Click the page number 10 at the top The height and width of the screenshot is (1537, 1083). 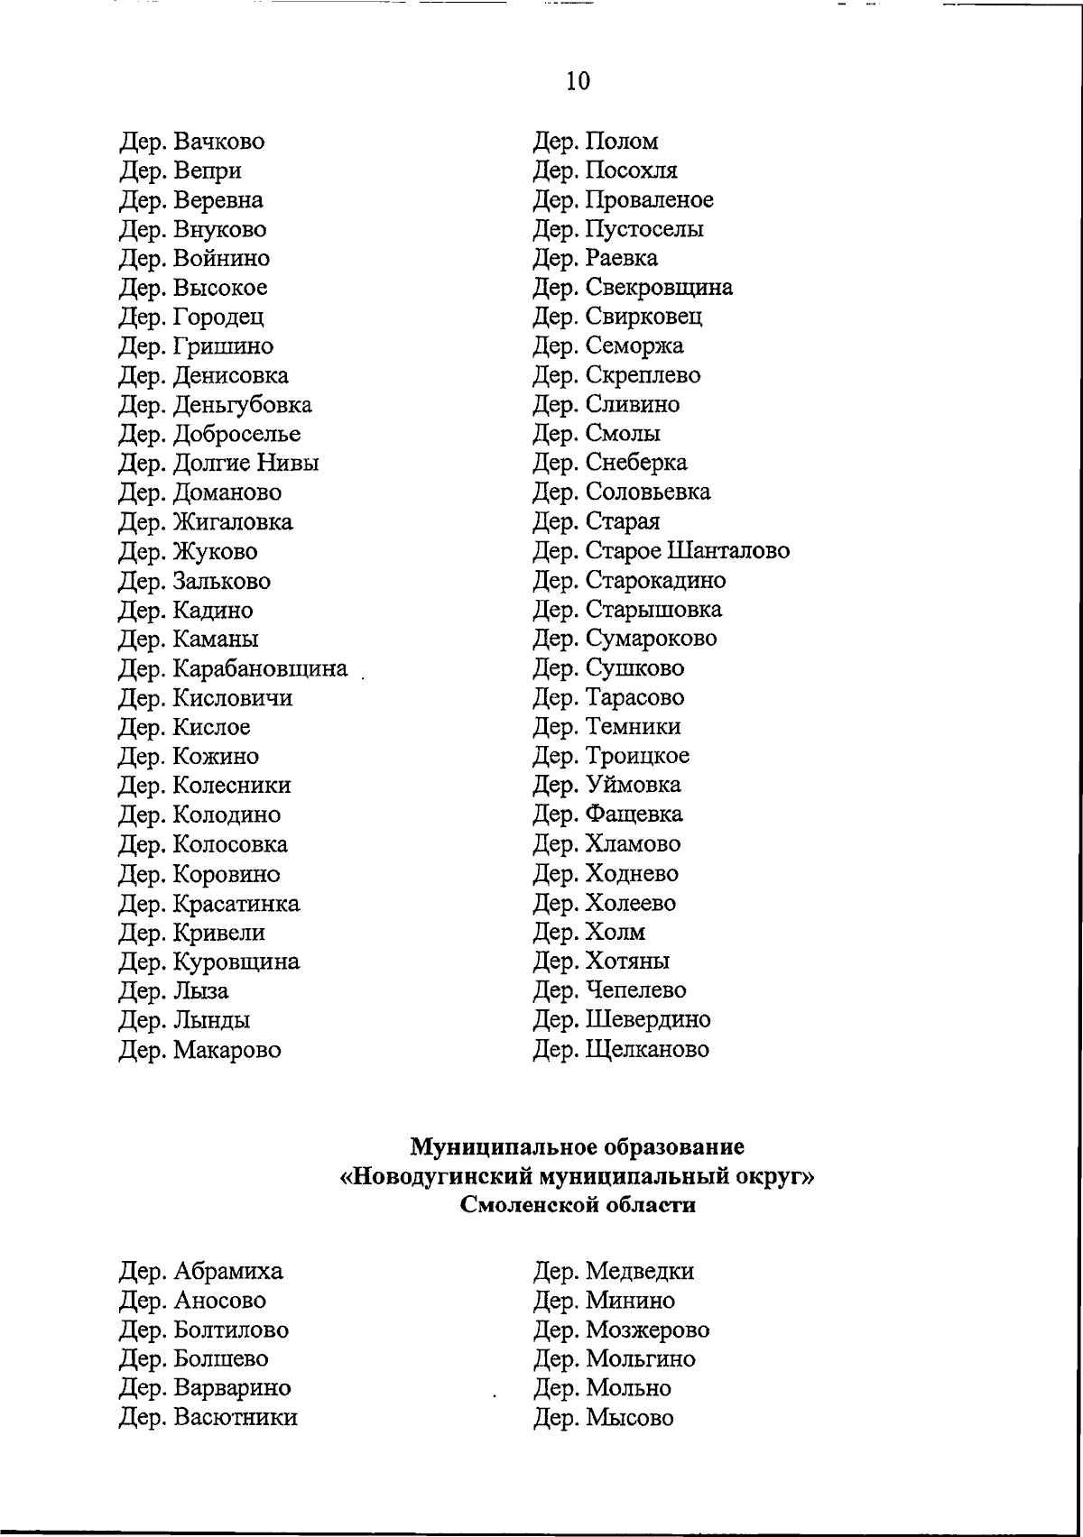point(578,82)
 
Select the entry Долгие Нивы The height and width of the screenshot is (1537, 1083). point(245,464)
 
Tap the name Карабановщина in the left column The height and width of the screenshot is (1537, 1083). point(259,669)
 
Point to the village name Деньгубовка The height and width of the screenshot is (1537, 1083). point(241,405)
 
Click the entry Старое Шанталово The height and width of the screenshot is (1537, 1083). point(687,551)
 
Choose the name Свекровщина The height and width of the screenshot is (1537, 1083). point(659,288)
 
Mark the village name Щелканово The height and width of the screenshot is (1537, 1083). point(647,1050)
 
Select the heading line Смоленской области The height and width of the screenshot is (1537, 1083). point(578,1206)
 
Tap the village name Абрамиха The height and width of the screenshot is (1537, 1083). point(227,1272)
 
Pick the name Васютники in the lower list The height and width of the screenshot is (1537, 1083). point(234,1418)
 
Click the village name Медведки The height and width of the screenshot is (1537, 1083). point(640,1272)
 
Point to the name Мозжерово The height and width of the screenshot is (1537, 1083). point(647,1330)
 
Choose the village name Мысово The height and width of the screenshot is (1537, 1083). point(629,1418)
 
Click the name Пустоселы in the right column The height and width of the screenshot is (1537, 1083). point(644,229)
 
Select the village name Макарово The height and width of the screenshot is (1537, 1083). point(226,1051)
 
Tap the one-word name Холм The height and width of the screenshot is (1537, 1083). point(616,933)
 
